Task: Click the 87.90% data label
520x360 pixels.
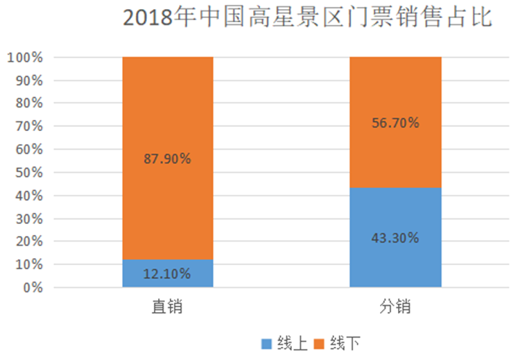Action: click(167, 158)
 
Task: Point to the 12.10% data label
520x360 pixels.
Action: click(167, 273)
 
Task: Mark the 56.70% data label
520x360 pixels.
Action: click(395, 123)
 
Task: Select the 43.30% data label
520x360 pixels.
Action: click(395, 238)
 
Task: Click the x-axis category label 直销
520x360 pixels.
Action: click(167, 307)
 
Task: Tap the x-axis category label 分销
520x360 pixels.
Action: click(395, 307)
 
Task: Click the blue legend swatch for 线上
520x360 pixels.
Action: click(266, 343)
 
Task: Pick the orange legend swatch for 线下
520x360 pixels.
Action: click(320, 343)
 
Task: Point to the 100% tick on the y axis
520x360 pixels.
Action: click(25, 58)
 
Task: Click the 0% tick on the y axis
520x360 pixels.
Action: click(33, 287)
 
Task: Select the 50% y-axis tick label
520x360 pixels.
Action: click(28, 173)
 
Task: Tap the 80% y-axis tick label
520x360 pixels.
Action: click(28, 103)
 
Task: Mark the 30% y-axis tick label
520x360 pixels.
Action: click(28, 218)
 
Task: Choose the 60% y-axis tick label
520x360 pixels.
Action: click(28, 149)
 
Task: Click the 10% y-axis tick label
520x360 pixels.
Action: click(28, 264)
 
